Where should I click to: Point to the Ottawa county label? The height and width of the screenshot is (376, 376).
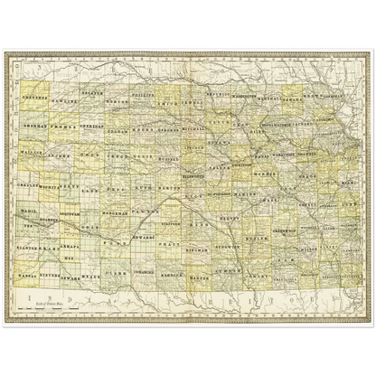tap(222, 141)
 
